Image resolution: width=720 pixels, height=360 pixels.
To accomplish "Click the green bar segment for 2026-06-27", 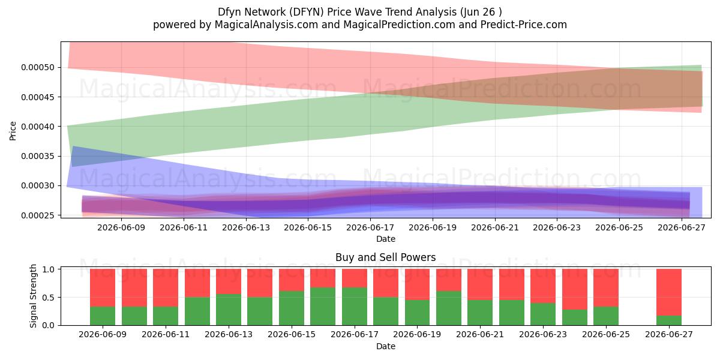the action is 669,320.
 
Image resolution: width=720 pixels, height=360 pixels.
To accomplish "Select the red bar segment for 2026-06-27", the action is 669,292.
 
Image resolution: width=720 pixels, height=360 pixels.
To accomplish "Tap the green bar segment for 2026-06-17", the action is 355,307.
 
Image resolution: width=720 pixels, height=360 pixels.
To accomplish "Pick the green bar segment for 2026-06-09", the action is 103,316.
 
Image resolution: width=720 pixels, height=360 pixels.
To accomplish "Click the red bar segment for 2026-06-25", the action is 606,287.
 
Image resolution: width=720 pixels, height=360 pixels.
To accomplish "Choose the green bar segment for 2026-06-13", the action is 229,310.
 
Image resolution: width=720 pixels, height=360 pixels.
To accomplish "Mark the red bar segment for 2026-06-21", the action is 480,284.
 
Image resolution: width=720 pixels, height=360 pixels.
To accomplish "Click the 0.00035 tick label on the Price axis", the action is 38,156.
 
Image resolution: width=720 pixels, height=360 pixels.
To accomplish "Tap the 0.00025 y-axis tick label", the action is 38,215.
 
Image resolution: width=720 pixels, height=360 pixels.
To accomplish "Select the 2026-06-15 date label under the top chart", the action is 308,227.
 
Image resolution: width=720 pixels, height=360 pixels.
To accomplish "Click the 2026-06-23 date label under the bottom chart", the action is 543,335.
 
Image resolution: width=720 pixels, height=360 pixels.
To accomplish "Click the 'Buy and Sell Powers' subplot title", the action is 386,257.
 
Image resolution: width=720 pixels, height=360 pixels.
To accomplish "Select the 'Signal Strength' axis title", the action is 33,296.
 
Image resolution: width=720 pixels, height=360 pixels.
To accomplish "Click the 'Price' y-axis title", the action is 13,131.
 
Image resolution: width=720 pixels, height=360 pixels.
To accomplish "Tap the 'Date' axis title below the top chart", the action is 386,239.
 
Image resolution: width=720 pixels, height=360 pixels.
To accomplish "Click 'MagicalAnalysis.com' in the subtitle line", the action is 266,25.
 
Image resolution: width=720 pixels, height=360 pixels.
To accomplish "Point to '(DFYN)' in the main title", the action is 307,12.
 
